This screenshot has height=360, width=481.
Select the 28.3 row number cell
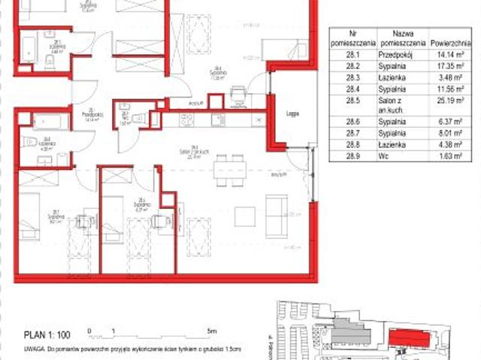point(351,77)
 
